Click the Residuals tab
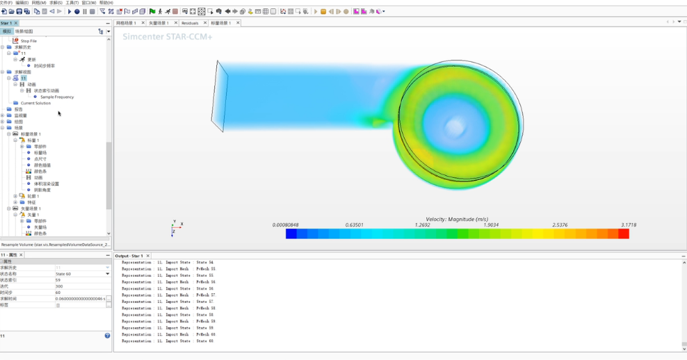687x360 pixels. click(x=190, y=23)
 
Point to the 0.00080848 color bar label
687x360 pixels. click(x=286, y=225)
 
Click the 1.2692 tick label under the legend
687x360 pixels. click(x=422, y=225)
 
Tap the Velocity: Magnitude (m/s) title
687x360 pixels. click(x=457, y=219)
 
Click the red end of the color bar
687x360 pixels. click(x=623, y=234)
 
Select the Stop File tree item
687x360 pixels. click(x=29, y=41)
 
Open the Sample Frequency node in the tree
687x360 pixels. click(x=56, y=97)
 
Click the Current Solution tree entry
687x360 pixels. click(x=35, y=103)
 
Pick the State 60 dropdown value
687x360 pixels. click(x=82, y=274)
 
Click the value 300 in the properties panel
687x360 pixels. click(x=59, y=286)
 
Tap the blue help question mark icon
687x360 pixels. click(x=107, y=336)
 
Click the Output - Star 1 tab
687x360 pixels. click(x=129, y=256)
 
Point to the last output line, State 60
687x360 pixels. click(x=167, y=341)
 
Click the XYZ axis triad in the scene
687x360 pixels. click(x=175, y=227)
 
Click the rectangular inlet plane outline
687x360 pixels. click(x=220, y=95)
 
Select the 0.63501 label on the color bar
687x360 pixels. click(x=354, y=225)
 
